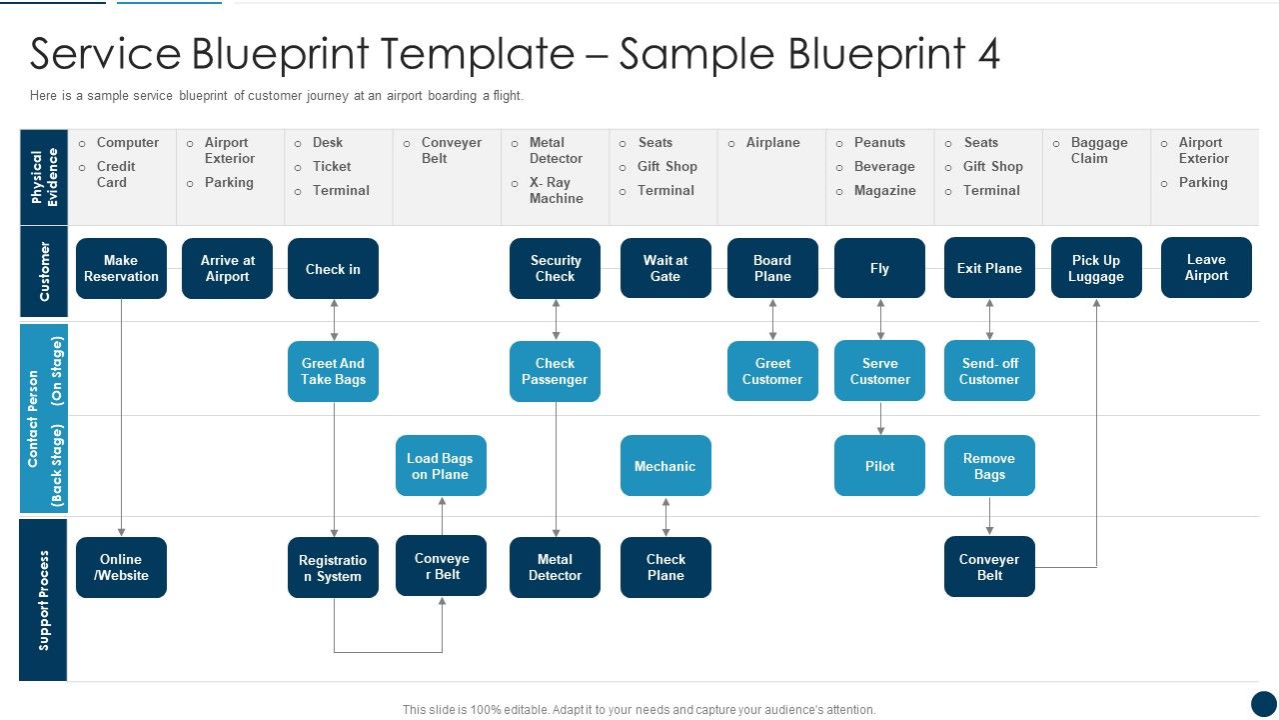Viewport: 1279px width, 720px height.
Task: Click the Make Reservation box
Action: pyautogui.click(x=121, y=268)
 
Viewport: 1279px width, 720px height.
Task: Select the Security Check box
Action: pyautogui.click(x=555, y=268)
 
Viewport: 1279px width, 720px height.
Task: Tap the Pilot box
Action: pyautogui.click(x=879, y=466)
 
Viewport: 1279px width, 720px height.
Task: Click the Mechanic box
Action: pyautogui.click(x=665, y=466)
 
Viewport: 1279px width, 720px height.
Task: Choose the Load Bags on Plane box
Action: pyautogui.click(x=441, y=466)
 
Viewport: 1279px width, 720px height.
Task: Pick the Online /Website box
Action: pyautogui.click(x=121, y=567)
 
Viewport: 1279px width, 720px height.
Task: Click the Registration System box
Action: pyautogui.click(x=333, y=568)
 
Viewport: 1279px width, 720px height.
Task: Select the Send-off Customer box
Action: pyautogui.click(x=989, y=371)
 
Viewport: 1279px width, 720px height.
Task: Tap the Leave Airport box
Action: pyautogui.click(x=1206, y=267)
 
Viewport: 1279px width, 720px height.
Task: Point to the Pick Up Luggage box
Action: pyautogui.click(x=1095, y=268)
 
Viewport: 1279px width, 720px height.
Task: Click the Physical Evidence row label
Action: pyautogui.click(x=44, y=177)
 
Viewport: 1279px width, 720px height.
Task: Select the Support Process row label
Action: pyautogui.click(x=44, y=600)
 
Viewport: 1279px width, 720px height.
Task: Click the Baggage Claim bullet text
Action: pyautogui.click(x=1098, y=150)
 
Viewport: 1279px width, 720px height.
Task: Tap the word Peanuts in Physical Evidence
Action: pyautogui.click(x=879, y=142)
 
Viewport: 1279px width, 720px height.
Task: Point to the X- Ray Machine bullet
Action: pyautogui.click(x=556, y=190)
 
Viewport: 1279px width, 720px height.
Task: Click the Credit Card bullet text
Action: pyautogui.click(x=115, y=174)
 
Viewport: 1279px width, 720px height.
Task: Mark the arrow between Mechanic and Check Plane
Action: pyautogui.click(x=665, y=517)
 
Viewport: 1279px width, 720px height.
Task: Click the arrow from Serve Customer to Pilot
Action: pyautogui.click(x=880, y=418)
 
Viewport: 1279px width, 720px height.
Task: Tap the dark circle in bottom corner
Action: pyautogui.click(x=1264, y=703)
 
